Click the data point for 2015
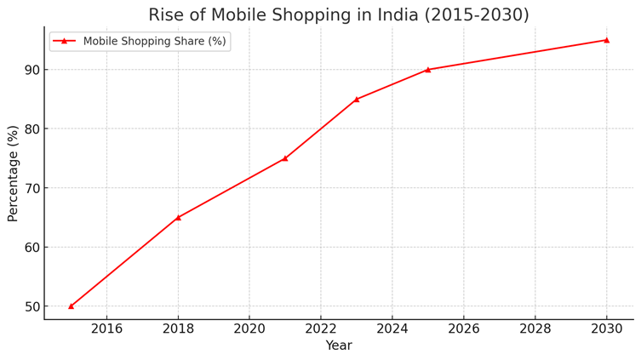click(71, 306)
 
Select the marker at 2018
click(178, 217)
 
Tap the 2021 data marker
click(285, 158)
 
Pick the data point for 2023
click(357, 99)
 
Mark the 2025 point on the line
click(428, 70)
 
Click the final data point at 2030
click(606, 40)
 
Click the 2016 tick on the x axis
click(106, 329)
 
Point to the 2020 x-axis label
click(249, 329)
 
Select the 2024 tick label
click(392, 329)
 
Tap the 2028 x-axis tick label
click(535, 329)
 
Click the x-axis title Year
click(339, 346)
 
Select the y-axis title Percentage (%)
click(13, 174)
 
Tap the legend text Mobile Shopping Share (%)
click(154, 41)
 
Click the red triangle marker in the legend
click(64, 41)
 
